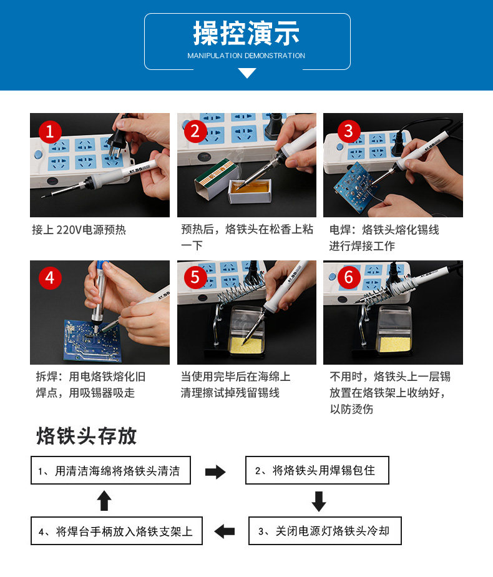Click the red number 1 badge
point(50,132)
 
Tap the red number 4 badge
point(50,278)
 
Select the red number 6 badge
point(348,277)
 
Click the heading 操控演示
point(246,33)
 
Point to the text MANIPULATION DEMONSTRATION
point(246,56)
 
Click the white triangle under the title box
point(247,73)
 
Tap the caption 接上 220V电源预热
point(79,230)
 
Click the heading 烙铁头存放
point(87,436)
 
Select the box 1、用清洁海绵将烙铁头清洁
point(110,470)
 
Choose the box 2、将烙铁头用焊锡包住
point(317,470)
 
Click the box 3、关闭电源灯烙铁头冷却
point(325,531)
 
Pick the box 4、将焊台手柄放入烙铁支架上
point(117,531)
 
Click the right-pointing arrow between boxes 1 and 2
point(215,471)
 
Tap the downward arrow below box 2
point(319,501)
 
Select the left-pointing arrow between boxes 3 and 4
point(224,531)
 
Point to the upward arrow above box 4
point(104,500)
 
